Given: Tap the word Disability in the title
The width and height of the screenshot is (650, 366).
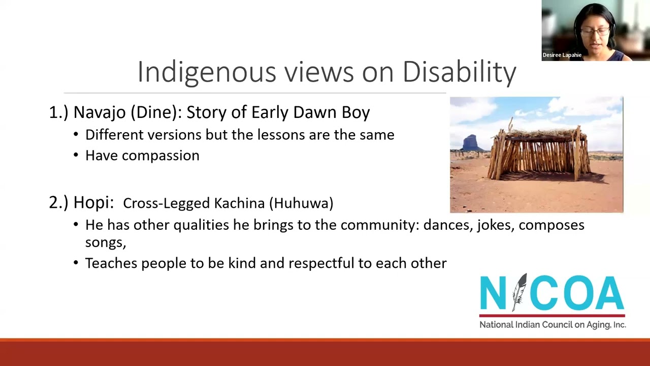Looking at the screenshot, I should tap(459, 72).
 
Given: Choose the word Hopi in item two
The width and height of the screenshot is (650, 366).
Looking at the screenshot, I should tap(93, 202).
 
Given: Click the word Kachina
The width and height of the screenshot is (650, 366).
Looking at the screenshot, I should tap(239, 203).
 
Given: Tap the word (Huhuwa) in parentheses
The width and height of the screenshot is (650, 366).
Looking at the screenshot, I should tap(301, 203).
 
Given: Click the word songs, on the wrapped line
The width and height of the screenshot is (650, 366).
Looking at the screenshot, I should tap(105, 242).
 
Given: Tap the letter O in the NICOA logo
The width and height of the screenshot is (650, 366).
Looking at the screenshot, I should tap(576, 294).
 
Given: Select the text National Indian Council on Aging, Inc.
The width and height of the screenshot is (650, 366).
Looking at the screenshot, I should tap(552, 325).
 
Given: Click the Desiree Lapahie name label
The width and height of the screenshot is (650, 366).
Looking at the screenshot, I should tap(562, 55).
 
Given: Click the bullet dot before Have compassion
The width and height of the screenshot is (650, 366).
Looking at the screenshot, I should tap(76, 156).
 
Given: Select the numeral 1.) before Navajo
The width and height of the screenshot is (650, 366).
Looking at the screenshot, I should tap(58, 112).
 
